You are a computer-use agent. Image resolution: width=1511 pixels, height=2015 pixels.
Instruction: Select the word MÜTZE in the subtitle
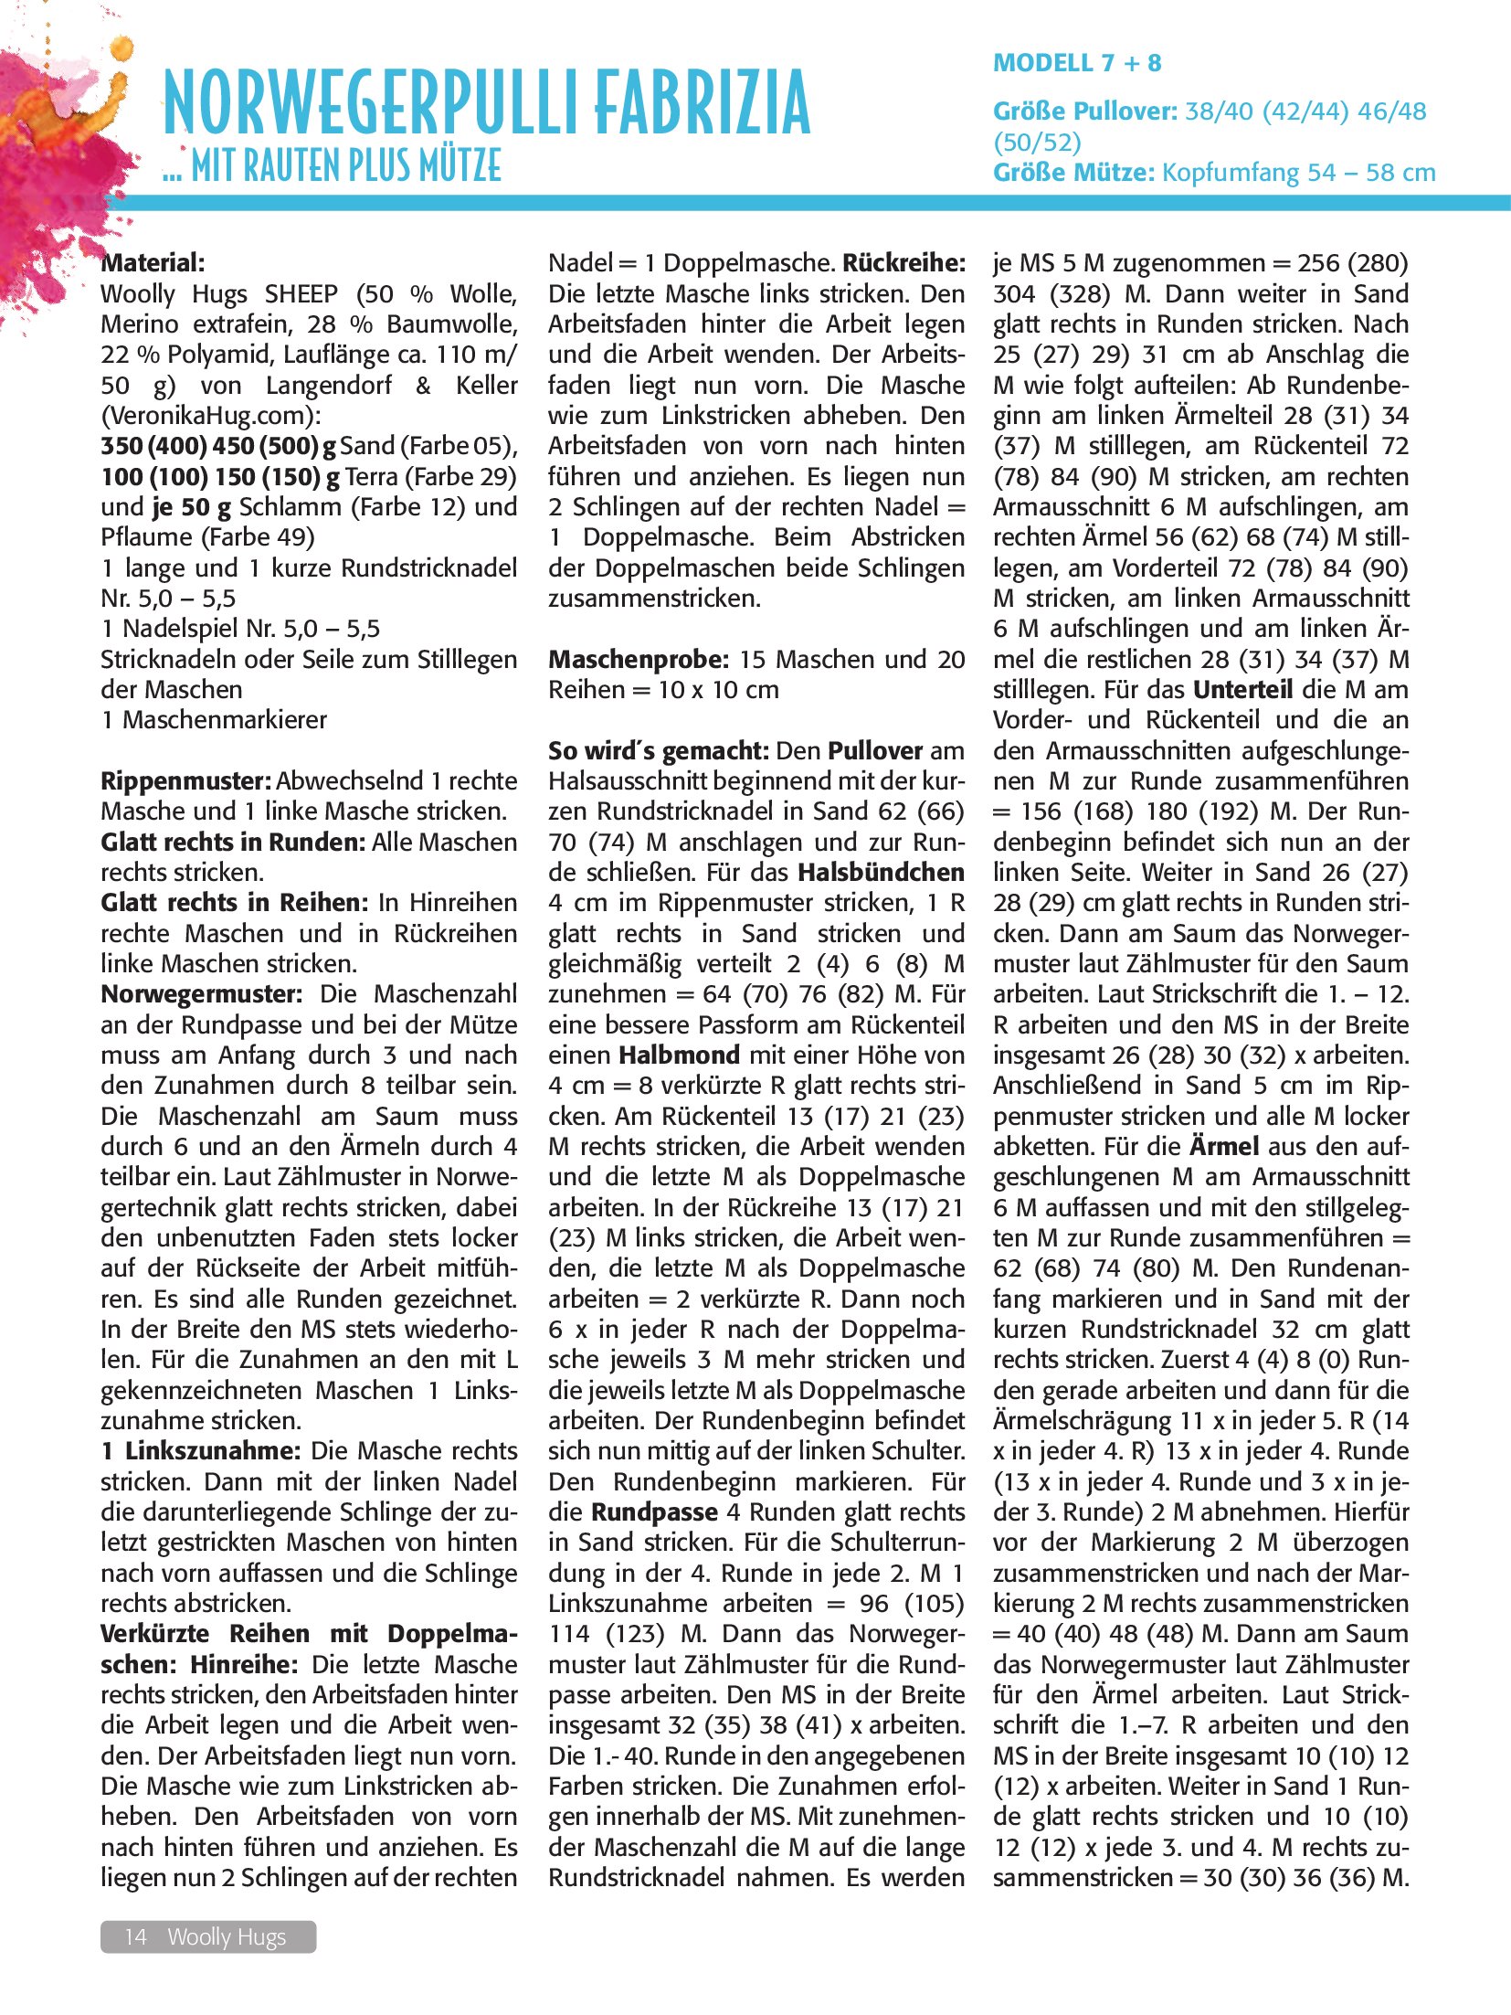pos(460,167)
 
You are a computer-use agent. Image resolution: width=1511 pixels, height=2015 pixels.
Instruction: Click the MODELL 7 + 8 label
pos(1077,63)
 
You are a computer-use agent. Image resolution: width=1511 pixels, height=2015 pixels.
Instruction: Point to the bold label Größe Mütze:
pos(1074,173)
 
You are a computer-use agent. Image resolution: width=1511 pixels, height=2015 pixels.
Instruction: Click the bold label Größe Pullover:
pos(1085,111)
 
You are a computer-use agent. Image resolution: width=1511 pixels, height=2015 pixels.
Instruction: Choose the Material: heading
pos(153,263)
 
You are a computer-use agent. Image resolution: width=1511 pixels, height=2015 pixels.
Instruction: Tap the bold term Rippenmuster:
pos(186,781)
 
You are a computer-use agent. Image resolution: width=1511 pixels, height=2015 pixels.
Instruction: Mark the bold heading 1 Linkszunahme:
pos(201,1451)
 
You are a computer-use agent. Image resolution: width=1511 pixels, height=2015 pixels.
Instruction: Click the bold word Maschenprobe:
pos(638,660)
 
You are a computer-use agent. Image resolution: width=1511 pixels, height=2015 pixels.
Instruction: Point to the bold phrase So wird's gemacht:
pos(658,751)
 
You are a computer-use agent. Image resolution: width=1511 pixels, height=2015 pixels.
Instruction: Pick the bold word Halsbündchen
pos(881,873)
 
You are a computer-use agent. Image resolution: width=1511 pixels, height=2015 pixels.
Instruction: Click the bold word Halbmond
pos(679,1055)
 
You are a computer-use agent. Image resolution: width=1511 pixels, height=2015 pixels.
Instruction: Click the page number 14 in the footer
pos(135,1936)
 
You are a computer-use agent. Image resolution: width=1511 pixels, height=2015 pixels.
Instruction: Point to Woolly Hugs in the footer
pos(227,1936)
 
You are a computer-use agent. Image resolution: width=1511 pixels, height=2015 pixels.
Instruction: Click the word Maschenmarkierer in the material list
pos(224,720)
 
